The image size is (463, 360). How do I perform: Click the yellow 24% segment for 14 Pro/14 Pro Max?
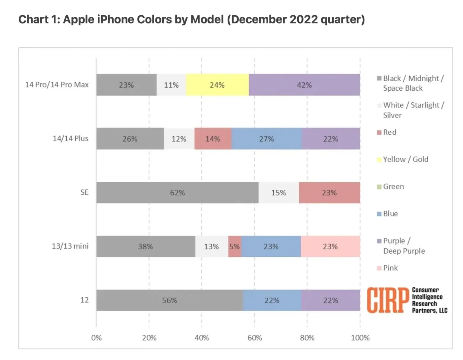217,85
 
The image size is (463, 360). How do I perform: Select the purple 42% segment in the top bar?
304,85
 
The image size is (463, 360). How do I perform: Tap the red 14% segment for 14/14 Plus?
213,139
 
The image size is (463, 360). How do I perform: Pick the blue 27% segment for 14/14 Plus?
266,139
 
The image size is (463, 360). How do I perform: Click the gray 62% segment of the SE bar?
177,193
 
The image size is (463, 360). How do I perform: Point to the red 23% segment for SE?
329,193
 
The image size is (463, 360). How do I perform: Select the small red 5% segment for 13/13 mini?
235,247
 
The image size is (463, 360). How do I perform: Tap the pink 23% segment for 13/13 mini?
330,247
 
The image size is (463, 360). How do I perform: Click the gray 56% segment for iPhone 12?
169,300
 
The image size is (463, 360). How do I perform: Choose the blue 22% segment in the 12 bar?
272,300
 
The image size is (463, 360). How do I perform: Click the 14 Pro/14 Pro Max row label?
57,85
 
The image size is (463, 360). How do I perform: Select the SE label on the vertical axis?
84,193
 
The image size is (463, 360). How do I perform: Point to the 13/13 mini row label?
70,246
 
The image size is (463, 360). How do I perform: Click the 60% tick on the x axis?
254,338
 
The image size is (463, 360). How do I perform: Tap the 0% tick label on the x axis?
96,338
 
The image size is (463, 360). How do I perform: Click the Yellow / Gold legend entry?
405,159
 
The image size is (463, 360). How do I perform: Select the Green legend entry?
393,186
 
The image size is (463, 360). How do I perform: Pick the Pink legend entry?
390,268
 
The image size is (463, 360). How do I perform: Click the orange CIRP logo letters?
388,300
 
